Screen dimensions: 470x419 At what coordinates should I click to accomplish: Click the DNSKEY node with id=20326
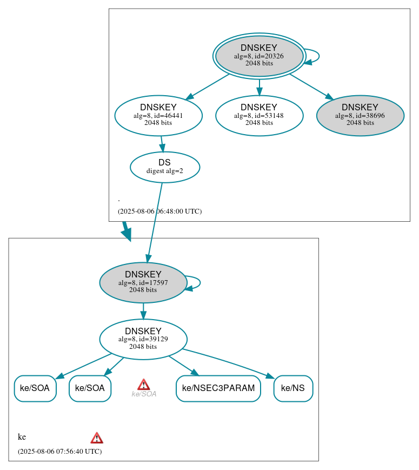point(259,56)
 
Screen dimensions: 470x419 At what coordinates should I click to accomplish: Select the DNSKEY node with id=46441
point(158,115)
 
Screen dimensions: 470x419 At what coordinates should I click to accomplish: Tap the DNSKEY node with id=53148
point(259,115)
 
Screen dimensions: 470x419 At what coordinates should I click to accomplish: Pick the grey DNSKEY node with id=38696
point(360,115)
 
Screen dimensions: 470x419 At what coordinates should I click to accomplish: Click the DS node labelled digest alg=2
point(165,167)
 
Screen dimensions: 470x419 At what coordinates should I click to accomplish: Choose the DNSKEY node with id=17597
point(143,282)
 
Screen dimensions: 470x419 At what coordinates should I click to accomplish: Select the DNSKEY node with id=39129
point(143,339)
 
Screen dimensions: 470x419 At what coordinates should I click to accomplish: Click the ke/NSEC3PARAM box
point(218,388)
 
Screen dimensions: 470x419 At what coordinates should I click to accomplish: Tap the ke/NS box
point(293,388)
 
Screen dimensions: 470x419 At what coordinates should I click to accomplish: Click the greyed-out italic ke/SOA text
point(144,394)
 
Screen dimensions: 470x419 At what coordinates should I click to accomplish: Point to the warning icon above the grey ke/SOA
point(143,384)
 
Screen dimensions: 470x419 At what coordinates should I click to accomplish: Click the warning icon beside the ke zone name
point(97,438)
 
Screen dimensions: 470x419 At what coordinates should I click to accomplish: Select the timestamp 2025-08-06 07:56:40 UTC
point(59,451)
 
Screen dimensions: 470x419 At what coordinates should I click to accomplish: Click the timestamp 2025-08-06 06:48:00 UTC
point(159,211)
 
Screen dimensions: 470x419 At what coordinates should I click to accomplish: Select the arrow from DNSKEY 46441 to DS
point(162,144)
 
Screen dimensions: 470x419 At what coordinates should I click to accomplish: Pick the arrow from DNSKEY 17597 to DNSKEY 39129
point(143,311)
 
